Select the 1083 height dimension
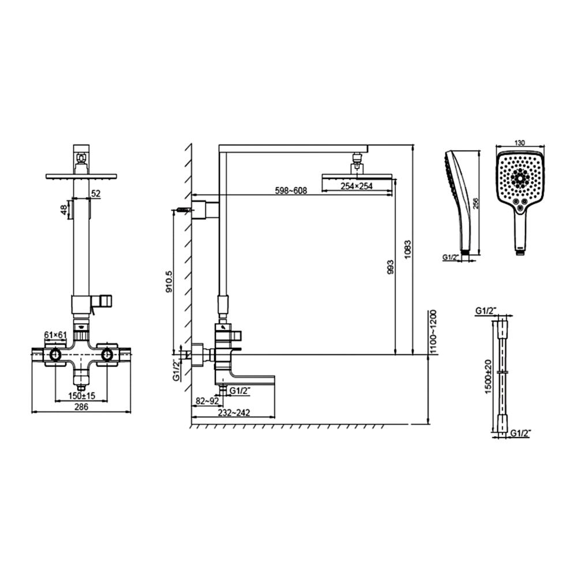tap(409, 249)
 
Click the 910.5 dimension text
tap(168, 283)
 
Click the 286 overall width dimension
tap(81, 407)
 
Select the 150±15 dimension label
tap(81, 395)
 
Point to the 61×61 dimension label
tap(55, 335)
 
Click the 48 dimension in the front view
tap(64, 209)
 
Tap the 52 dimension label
tap(96, 194)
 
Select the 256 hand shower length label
tap(475, 203)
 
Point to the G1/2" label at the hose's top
tap(486, 311)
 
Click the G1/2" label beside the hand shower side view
tap(451, 257)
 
